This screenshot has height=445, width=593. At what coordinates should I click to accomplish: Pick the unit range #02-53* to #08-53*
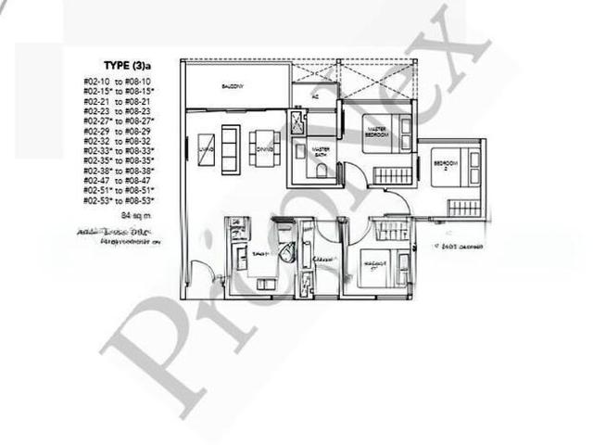coord(119,199)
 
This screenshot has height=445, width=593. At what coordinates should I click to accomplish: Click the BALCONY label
coord(233,86)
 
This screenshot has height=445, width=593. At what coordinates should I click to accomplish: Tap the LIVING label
coord(207,147)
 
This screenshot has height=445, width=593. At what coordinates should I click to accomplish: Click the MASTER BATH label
coord(322,150)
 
